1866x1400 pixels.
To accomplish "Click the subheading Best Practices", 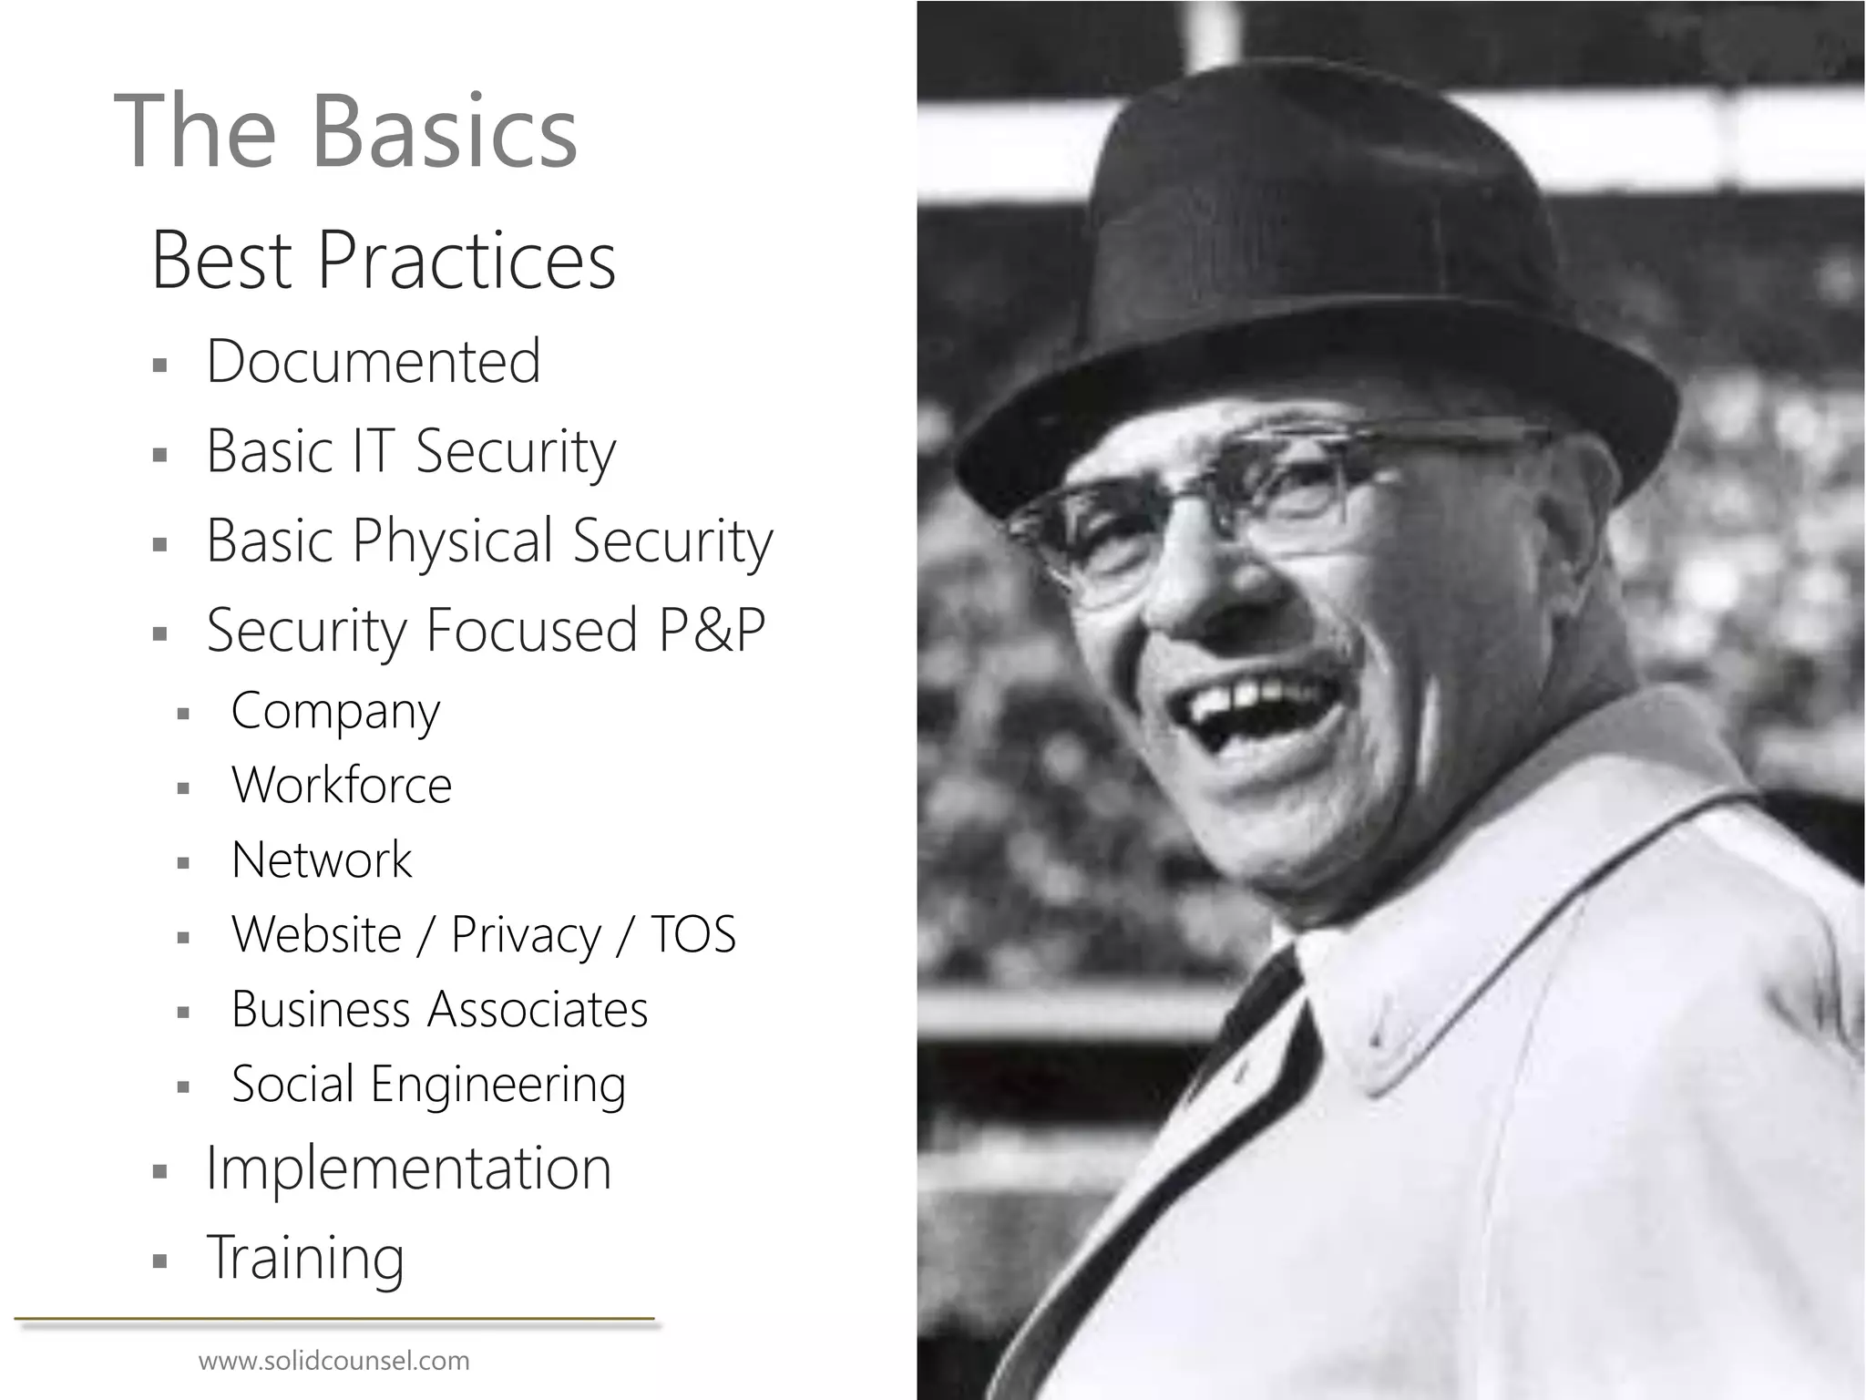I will coord(383,261).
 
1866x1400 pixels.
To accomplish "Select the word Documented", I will coord(374,361).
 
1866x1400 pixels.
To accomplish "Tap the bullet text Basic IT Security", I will coord(411,450).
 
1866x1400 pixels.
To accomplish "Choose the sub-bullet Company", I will coord(335,710).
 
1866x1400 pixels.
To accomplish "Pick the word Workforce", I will coord(342,785).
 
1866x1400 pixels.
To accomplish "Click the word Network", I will coord(322,860).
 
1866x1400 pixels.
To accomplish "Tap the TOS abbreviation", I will coord(692,934).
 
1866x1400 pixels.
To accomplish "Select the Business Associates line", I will coord(439,1009).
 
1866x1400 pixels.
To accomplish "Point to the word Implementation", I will coord(408,1168).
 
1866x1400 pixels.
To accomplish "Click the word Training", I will coord(305,1257).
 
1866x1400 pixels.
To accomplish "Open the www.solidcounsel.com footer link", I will coord(333,1362).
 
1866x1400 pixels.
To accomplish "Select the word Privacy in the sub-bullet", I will coord(526,934).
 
